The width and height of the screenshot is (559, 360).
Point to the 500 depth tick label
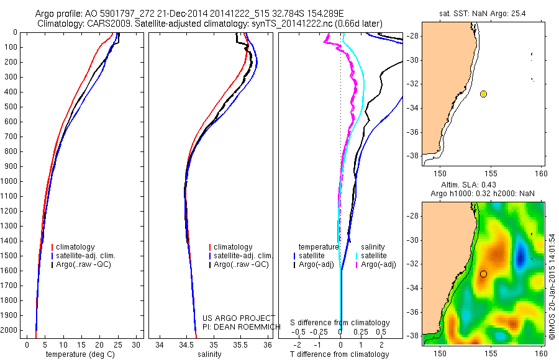tap(11, 107)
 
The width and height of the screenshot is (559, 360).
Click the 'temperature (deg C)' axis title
tap(81, 354)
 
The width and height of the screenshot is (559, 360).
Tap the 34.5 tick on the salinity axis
tap(186, 344)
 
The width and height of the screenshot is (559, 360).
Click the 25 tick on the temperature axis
tap(118, 344)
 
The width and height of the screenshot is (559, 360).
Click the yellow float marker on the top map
tap(483, 94)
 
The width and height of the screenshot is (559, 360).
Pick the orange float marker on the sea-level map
tap(483, 274)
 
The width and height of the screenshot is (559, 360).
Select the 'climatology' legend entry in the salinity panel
tap(233, 247)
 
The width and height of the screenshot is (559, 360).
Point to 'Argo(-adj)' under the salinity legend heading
tap(379, 264)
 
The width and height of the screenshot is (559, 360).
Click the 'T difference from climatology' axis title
tap(339, 354)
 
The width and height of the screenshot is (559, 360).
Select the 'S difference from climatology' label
tap(340, 323)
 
